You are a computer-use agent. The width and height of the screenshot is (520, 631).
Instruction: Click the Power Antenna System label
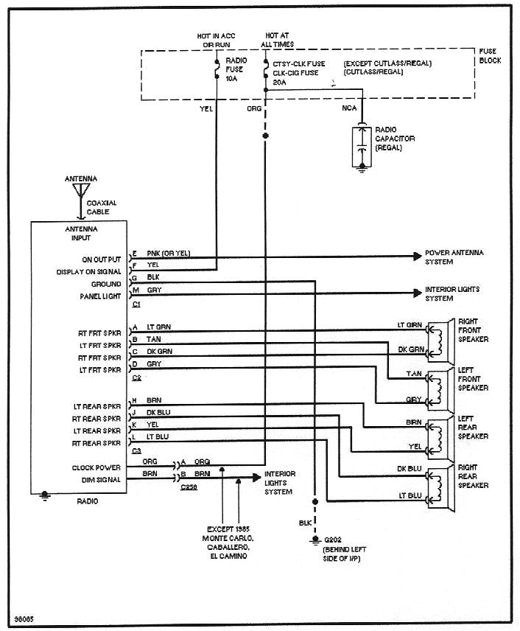pyautogui.click(x=454, y=257)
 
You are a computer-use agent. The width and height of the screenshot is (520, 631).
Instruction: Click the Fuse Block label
pyautogui.click(x=490, y=56)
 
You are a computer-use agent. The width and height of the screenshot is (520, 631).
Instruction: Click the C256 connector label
pyautogui.click(x=189, y=487)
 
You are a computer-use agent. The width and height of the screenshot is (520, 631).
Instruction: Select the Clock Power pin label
pyautogui.click(x=96, y=467)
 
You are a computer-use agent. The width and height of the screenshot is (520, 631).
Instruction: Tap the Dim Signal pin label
pyautogui.click(x=100, y=479)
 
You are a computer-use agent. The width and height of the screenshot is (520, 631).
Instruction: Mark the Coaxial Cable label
pyautogui.click(x=102, y=207)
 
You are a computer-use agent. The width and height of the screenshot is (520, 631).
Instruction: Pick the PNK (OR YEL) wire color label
pyautogui.click(x=168, y=254)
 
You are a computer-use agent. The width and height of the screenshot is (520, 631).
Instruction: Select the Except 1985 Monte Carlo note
pyautogui.click(x=231, y=541)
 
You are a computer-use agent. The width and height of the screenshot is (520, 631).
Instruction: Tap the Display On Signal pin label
pyautogui.click(x=89, y=271)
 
